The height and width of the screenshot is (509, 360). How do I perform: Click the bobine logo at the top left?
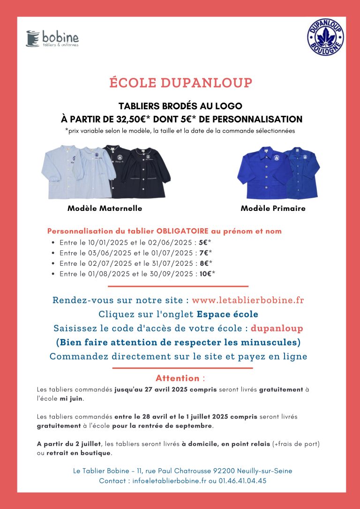point(52,38)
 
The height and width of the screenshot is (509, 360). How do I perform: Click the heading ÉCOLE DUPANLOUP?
point(180,83)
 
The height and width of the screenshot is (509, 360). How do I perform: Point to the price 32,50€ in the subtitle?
point(138,119)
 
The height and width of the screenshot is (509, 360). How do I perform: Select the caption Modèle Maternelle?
point(105,208)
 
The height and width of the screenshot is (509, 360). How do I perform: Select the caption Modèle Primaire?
point(273,208)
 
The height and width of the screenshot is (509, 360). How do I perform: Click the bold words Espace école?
point(227,314)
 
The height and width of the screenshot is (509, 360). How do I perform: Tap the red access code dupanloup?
point(277,328)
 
